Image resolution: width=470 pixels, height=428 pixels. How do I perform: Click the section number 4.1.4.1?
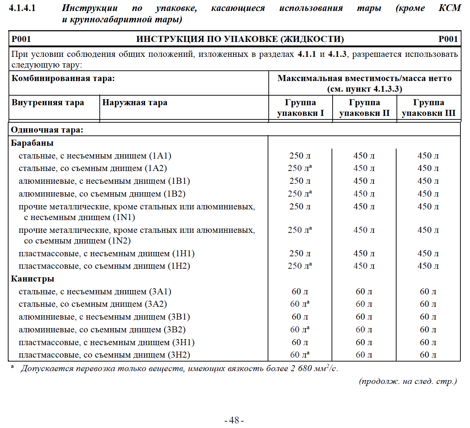(x=22, y=8)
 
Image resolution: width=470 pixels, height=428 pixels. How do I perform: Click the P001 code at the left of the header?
(x=21, y=39)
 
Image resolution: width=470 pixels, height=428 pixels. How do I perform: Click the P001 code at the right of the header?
(x=448, y=39)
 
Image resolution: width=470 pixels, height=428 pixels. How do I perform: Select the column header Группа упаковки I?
(x=300, y=108)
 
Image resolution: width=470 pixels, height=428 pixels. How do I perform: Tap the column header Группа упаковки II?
(x=364, y=108)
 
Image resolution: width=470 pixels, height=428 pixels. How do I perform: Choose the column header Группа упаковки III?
(x=428, y=108)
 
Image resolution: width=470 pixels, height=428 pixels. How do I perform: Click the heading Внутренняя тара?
(x=48, y=103)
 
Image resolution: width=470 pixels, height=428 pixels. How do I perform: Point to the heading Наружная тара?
(x=135, y=103)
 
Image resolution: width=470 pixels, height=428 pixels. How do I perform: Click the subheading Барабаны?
(x=32, y=143)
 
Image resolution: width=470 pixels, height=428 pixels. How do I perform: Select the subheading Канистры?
(x=33, y=279)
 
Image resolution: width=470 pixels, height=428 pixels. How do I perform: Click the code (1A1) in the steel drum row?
(x=160, y=156)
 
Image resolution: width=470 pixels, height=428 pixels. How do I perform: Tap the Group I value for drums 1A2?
(x=300, y=168)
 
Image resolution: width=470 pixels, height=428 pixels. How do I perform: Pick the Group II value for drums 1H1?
(x=364, y=253)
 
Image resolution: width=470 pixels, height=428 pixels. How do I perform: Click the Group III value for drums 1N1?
(x=428, y=207)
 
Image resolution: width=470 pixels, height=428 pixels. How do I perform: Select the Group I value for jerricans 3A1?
(x=300, y=291)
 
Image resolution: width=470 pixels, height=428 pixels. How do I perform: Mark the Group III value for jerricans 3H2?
(x=428, y=355)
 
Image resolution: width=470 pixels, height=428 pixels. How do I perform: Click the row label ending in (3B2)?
(x=102, y=330)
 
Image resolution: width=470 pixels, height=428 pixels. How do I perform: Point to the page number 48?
(x=234, y=420)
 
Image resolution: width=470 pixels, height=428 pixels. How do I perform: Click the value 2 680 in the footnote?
(x=301, y=369)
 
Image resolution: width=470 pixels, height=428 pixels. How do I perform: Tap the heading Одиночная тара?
(x=47, y=130)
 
